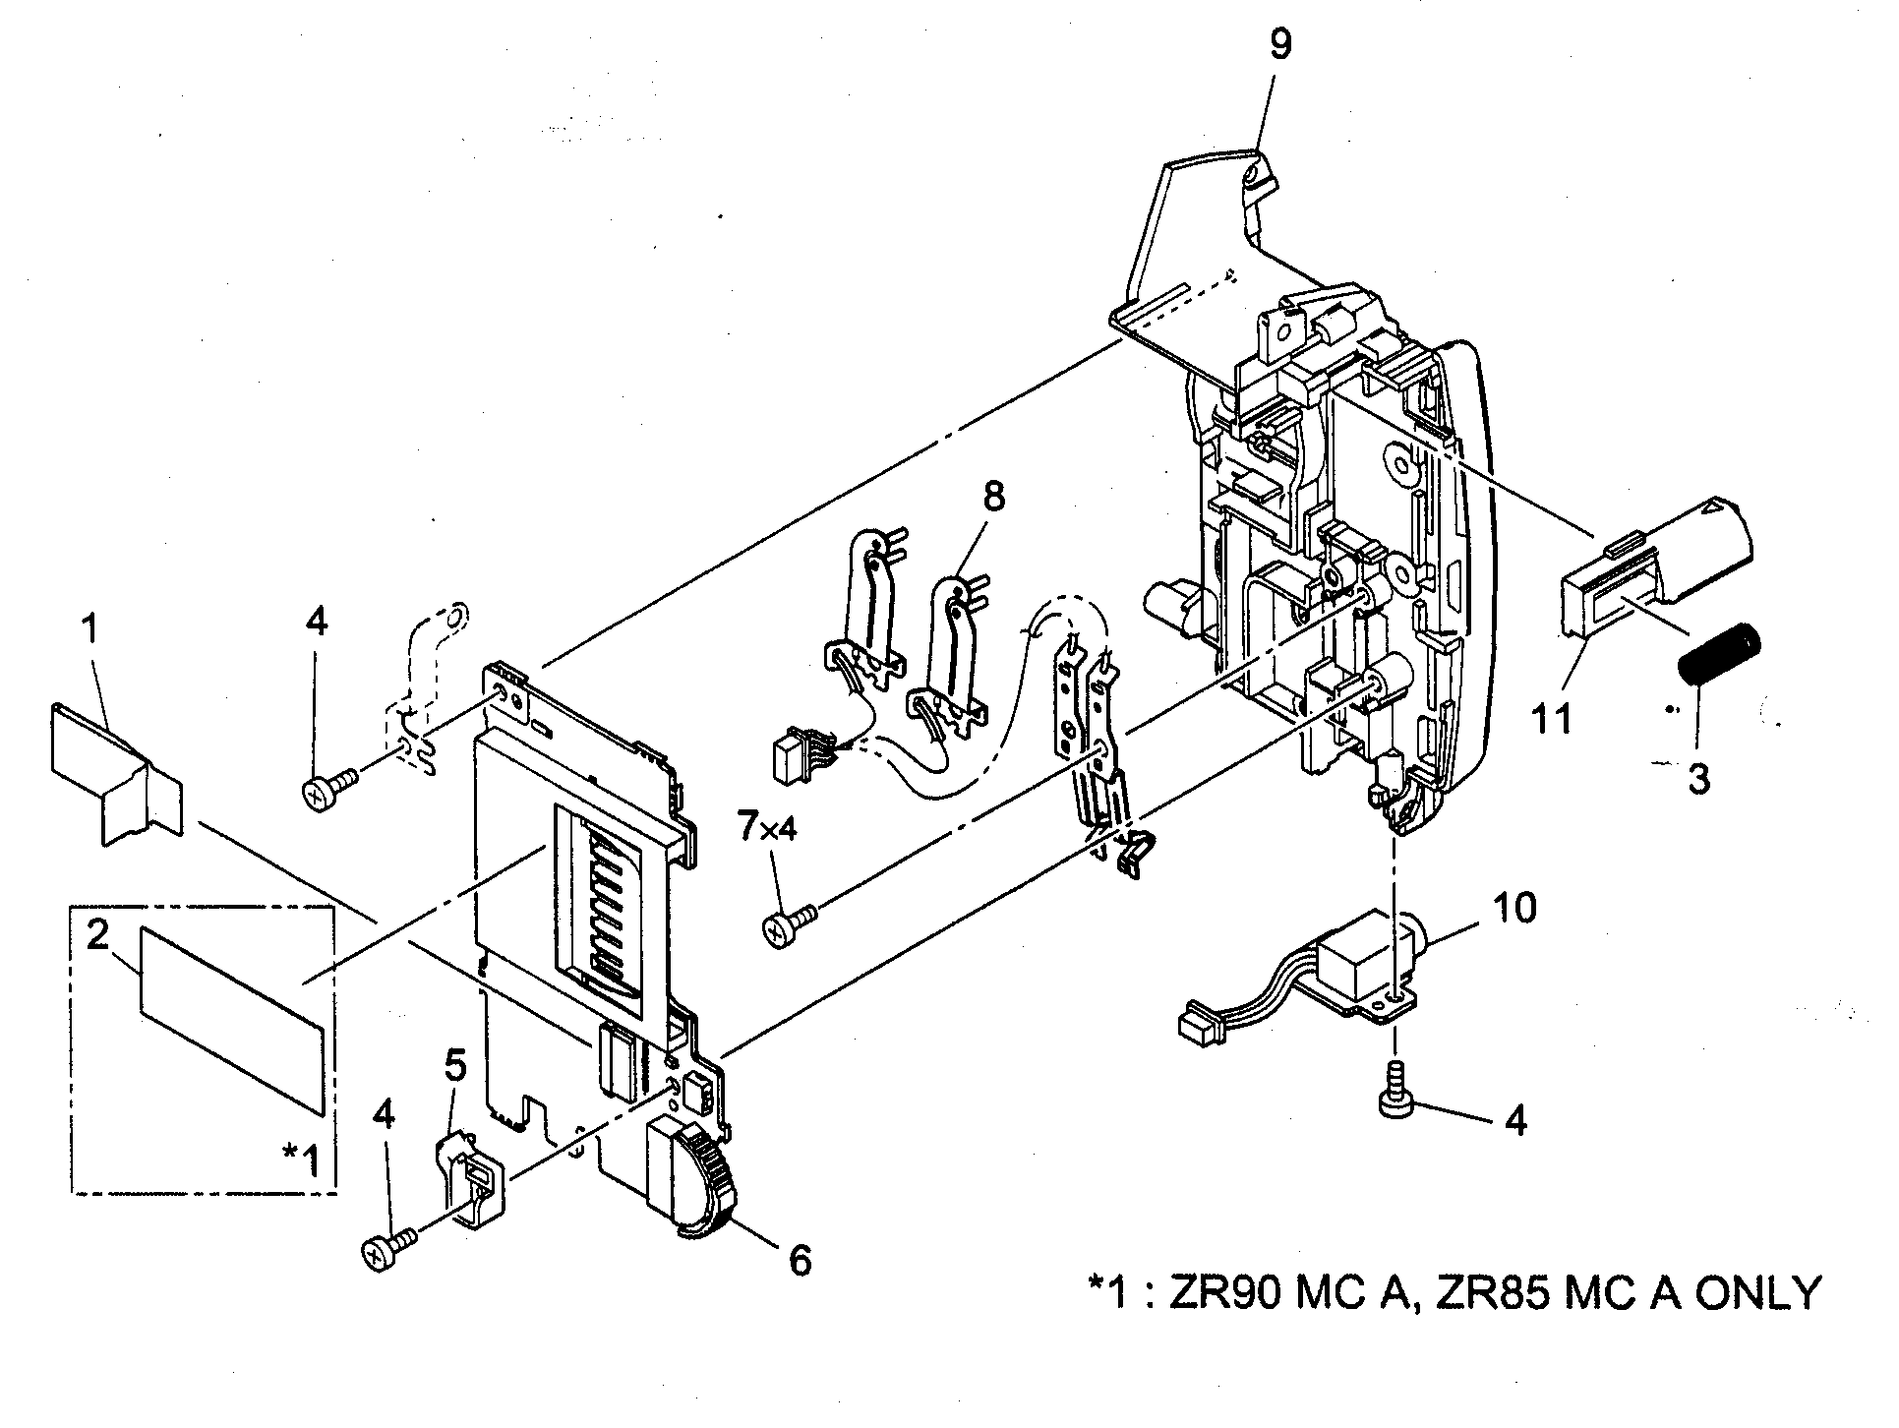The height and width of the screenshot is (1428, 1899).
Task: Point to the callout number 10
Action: [x=1514, y=908]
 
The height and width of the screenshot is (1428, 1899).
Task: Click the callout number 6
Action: [x=801, y=1260]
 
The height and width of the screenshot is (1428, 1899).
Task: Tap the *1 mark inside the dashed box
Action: [x=301, y=1161]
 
